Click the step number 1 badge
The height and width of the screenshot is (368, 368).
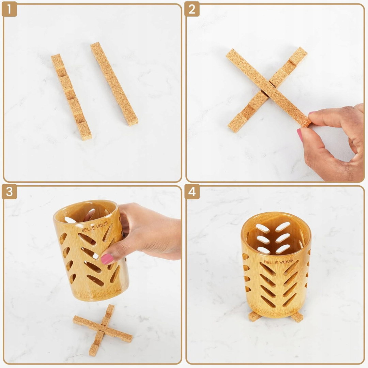pyautogui.click(x=9, y=9)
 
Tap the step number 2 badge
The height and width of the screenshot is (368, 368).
pyautogui.click(x=192, y=9)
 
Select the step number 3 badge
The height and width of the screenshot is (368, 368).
pyautogui.click(x=9, y=192)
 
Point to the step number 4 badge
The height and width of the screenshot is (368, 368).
pyautogui.click(x=192, y=192)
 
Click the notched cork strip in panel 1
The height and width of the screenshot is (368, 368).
pyautogui.click(x=71, y=97)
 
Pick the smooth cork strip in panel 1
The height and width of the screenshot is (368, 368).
pyautogui.click(x=114, y=84)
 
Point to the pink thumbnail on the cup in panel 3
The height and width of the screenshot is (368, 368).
pyautogui.click(x=107, y=259)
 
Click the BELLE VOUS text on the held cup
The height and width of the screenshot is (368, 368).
pyautogui.click(x=95, y=227)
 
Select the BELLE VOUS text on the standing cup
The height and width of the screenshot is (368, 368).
pyautogui.click(x=278, y=261)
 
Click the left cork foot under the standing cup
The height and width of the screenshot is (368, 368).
pyautogui.click(x=255, y=316)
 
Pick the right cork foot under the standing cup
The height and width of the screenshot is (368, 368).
pyautogui.click(x=297, y=317)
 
